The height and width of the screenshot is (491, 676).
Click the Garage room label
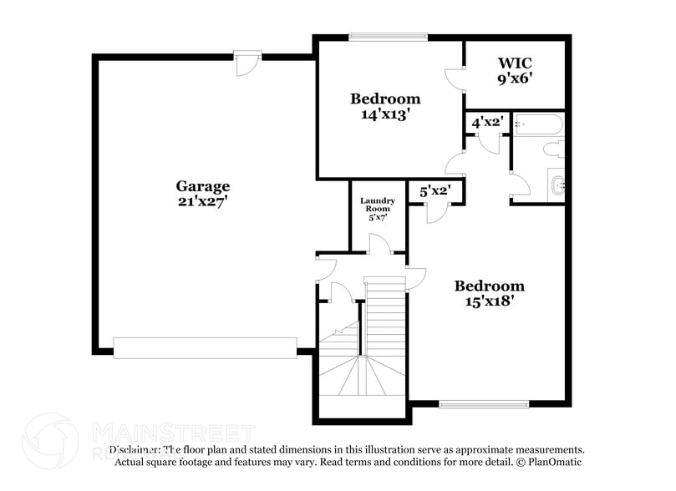point(202,186)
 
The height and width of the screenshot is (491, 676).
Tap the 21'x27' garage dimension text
point(202,201)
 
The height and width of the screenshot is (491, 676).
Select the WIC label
point(515,63)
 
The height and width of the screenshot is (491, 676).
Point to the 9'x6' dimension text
point(515,78)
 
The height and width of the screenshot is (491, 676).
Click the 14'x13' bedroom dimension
point(384,114)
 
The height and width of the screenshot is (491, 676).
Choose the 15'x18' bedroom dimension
point(490,301)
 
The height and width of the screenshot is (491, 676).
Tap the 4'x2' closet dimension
point(486,122)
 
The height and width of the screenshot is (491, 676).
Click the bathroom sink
point(557,185)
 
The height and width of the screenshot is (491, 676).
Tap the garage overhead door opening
point(205,347)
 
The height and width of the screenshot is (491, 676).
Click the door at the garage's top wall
point(247,62)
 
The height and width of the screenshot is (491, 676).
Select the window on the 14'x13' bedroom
point(388,36)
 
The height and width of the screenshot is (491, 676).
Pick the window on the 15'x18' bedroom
point(472,405)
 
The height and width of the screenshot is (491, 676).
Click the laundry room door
point(379,243)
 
